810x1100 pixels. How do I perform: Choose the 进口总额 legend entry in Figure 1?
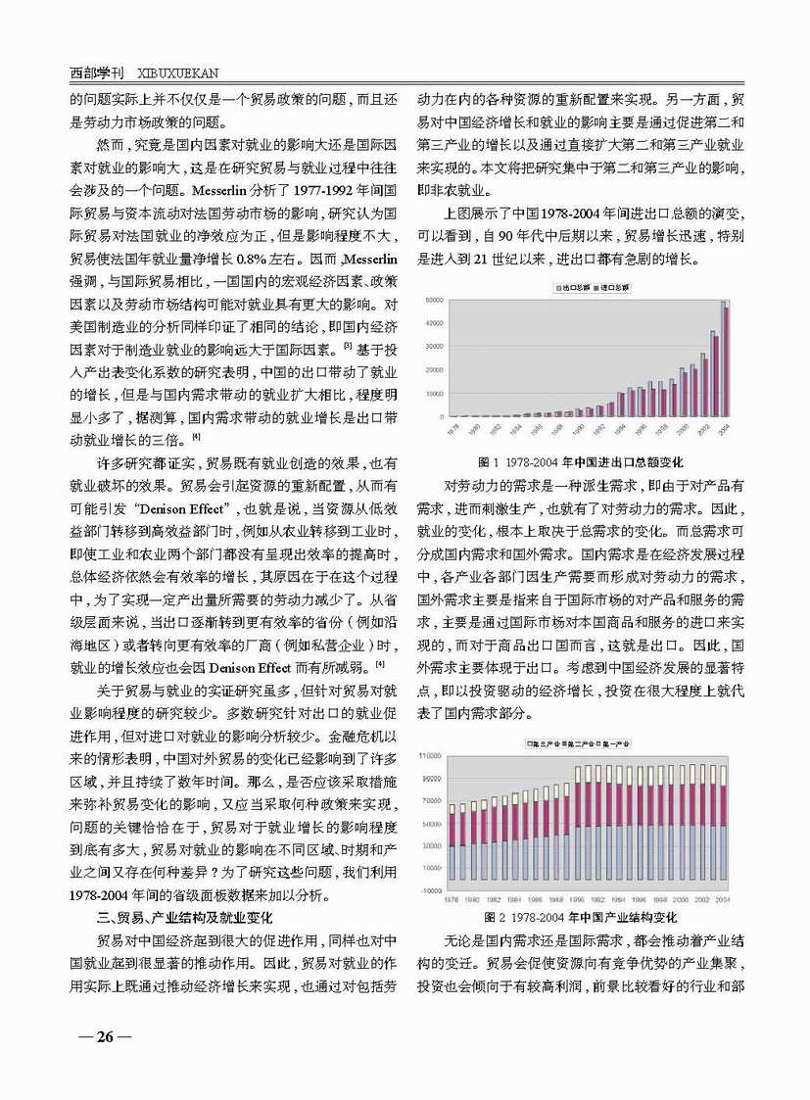611,289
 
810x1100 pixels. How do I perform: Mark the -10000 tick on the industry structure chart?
430,890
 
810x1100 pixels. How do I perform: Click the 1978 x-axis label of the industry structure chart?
452,898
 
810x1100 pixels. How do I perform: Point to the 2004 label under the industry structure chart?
724,898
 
